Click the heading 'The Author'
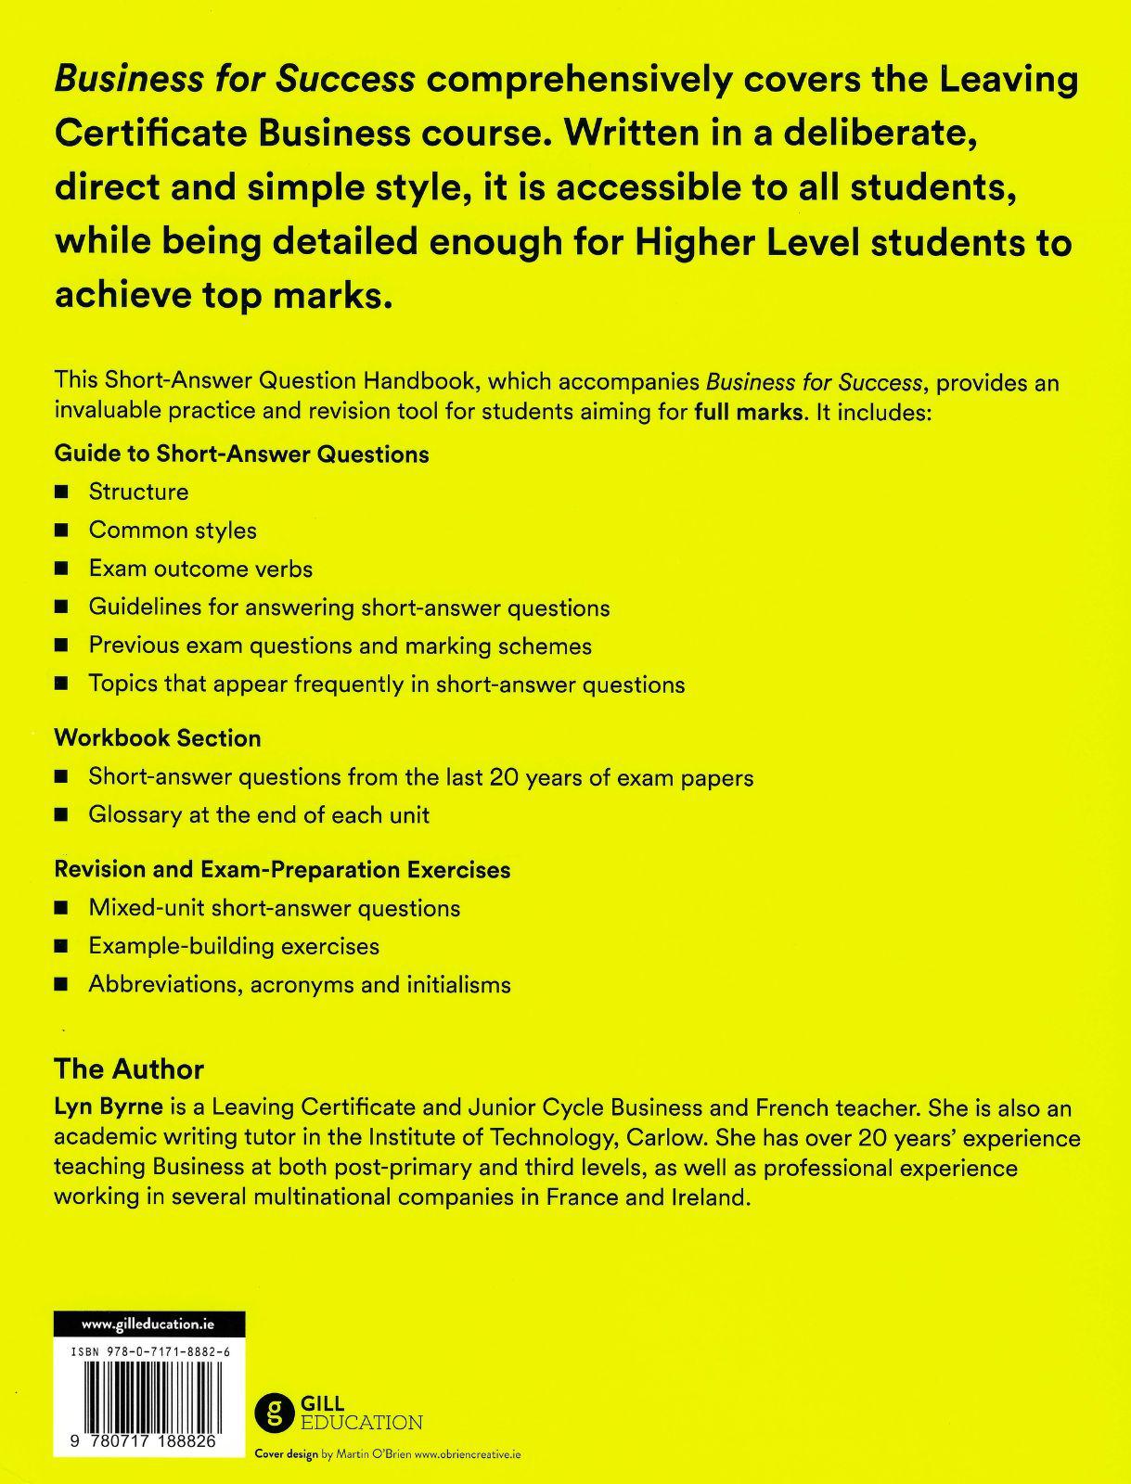129,1068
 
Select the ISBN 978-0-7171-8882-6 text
149,1353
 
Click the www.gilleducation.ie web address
148,1324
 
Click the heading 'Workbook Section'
158,738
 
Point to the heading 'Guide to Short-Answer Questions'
241,454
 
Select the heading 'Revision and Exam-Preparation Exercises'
282,870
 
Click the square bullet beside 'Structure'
62,492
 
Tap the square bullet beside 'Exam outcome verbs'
62,569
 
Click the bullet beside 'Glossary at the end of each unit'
62,815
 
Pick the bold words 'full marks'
748,412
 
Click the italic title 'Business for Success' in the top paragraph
235,80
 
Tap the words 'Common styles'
173,531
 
